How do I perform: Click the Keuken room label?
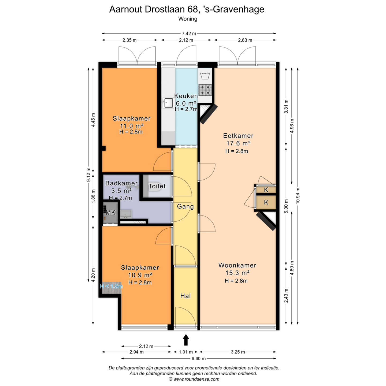(x=186, y=96)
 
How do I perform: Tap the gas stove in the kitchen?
(x=205, y=90)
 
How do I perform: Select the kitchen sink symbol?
(x=168, y=103)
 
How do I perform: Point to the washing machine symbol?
(x=205, y=76)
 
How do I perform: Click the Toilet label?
(x=157, y=186)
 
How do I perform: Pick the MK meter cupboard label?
(x=110, y=213)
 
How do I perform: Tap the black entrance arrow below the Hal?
(x=186, y=340)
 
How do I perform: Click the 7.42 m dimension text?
(x=189, y=34)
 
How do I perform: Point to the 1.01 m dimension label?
(x=186, y=352)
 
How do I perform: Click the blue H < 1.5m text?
(x=111, y=286)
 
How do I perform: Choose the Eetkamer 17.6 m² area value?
(x=238, y=143)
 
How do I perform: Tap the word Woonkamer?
(x=237, y=265)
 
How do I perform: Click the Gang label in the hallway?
(x=185, y=206)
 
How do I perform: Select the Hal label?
(x=185, y=296)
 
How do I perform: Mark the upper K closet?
(x=266, y=190)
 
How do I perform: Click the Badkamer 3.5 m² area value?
(x=121, y=191)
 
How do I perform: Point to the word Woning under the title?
(x=188, y=19)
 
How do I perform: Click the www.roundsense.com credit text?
(x=194, y=379)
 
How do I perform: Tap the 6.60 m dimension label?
(x=199, y=359)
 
